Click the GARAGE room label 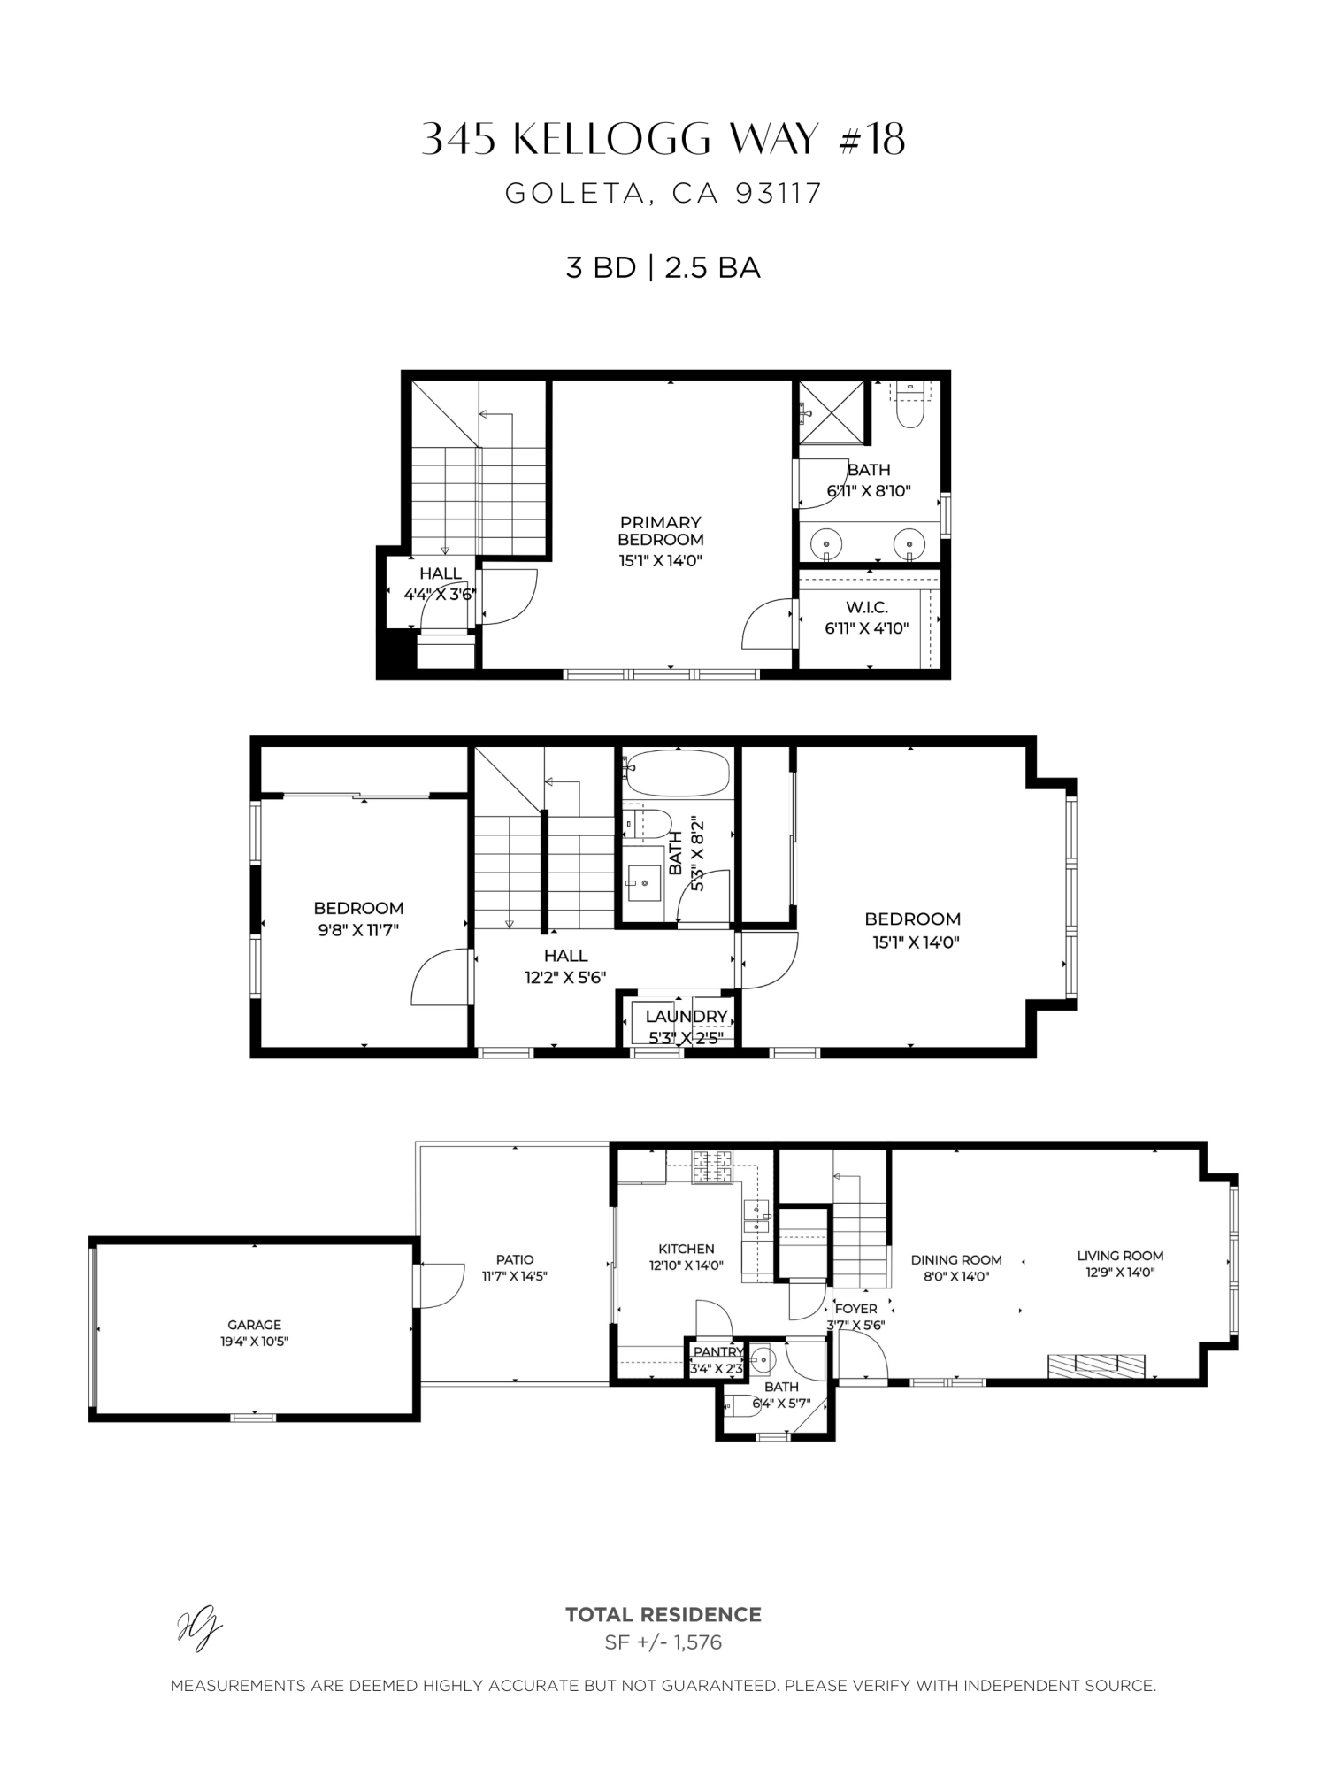[x=254, y=1325]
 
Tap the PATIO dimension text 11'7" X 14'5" [x=515, y=1276]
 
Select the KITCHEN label [x=687, y=1249]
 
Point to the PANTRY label [x=717, y=1352]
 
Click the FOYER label [x=855, y=1308]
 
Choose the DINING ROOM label [x=956, y=1259]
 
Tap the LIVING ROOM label [x=1120, y=1255]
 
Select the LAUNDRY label [x=686, y=1017]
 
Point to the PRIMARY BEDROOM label [x=660, y=531]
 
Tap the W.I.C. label [x=866, y=607]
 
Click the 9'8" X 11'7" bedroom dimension [x=358, y=930]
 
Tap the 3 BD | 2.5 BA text [x=663, y=267]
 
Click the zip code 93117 [x=779, y=193]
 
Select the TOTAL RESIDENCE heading [x=663, y=1615]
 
